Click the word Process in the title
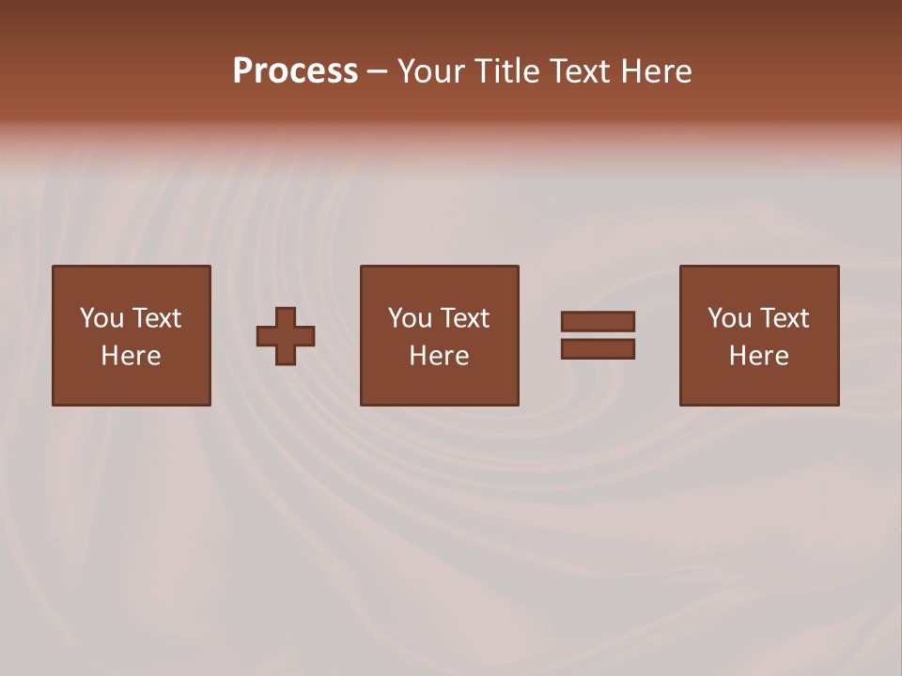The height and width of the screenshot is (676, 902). click(x=295, y=71)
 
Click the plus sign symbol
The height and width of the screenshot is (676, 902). click(x=286, y=336)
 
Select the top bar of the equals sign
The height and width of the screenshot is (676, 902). click(x=598, y=321)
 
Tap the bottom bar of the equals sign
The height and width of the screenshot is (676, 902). click(x=598, y=349)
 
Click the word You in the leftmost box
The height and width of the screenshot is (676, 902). click(x=101, y=318)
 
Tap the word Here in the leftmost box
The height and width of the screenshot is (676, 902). click(x=131, y=356)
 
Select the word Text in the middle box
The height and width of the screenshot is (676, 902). click(x=464, y=318)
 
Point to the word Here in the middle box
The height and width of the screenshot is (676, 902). click(x=439, y=356)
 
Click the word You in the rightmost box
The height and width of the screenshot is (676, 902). click(x=729, y=318)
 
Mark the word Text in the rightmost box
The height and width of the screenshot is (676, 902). click(x=784, y=318)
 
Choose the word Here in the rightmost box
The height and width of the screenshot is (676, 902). click(x=758, y=356)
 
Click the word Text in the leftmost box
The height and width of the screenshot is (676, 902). click(x=156, y=318)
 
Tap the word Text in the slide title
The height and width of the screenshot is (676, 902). click(x=578, y=71)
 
